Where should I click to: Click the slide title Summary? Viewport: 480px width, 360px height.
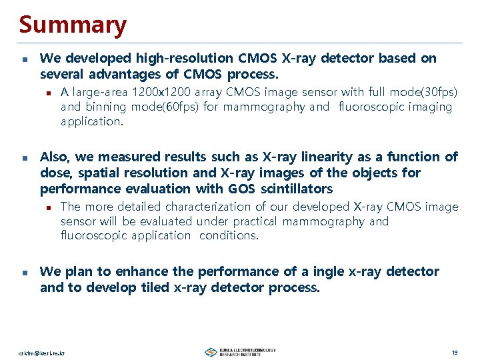point(73,25)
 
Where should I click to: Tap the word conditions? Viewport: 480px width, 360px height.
point(229,235)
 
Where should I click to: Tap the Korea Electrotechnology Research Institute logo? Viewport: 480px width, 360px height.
point(240,351)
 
